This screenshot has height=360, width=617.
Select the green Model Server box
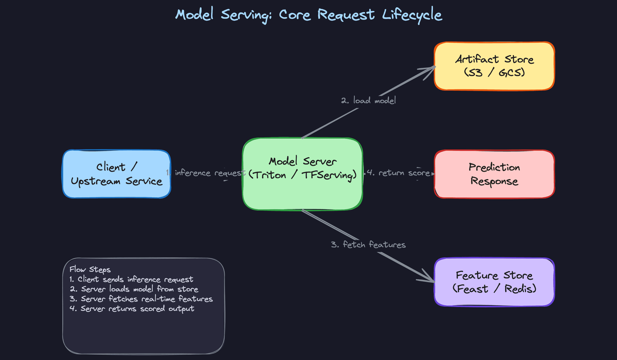tap(302, 193)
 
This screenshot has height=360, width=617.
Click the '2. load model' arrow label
tap(368, 101)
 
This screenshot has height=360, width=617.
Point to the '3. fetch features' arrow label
tap(368, 245)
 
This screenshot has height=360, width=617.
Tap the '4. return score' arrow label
tap(398, 173)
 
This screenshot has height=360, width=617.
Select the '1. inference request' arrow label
tap(206, 173)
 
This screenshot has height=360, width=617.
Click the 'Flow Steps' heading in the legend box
tap(90, 269)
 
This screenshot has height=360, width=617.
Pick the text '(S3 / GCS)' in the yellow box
tap(494, 73)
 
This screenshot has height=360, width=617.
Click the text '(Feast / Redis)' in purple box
tap(494, 289)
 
